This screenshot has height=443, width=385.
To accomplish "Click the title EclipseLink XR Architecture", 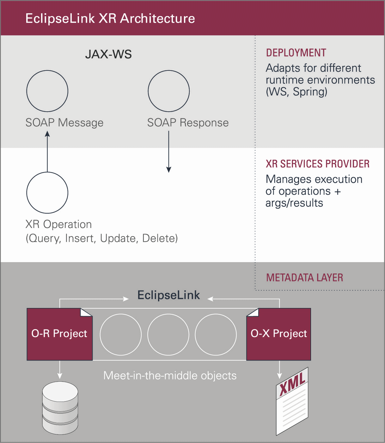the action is point(110,18).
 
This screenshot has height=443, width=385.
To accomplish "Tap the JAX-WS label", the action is point(108,54).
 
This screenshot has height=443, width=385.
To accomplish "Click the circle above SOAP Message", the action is point(47,91).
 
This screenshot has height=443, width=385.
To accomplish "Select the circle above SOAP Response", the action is point(169,91).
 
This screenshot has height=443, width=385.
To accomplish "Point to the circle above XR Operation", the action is point(47,193).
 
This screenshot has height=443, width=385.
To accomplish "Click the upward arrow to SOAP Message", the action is point(47,151).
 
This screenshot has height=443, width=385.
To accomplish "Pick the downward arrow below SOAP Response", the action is point(169,151).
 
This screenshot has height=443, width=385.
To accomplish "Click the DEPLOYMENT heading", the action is point(296,53).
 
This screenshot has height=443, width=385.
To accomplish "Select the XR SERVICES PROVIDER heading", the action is point(317,164).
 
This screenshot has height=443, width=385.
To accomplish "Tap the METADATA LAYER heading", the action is point(304,278).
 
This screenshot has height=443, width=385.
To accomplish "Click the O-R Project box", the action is point(59,334).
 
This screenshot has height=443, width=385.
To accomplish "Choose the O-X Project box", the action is point(279,334).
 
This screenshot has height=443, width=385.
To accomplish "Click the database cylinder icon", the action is point(60,408).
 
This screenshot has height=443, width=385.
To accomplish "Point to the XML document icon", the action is point(292,401).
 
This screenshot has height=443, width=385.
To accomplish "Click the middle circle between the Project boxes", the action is point(168,335).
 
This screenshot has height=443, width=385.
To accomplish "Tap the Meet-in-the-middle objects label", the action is point(170,376).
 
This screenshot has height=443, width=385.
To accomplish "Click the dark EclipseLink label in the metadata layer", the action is point(168,295).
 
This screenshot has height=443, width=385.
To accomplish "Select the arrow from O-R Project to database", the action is point(60,370).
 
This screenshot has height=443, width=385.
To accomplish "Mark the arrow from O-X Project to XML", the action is point(279,370).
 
